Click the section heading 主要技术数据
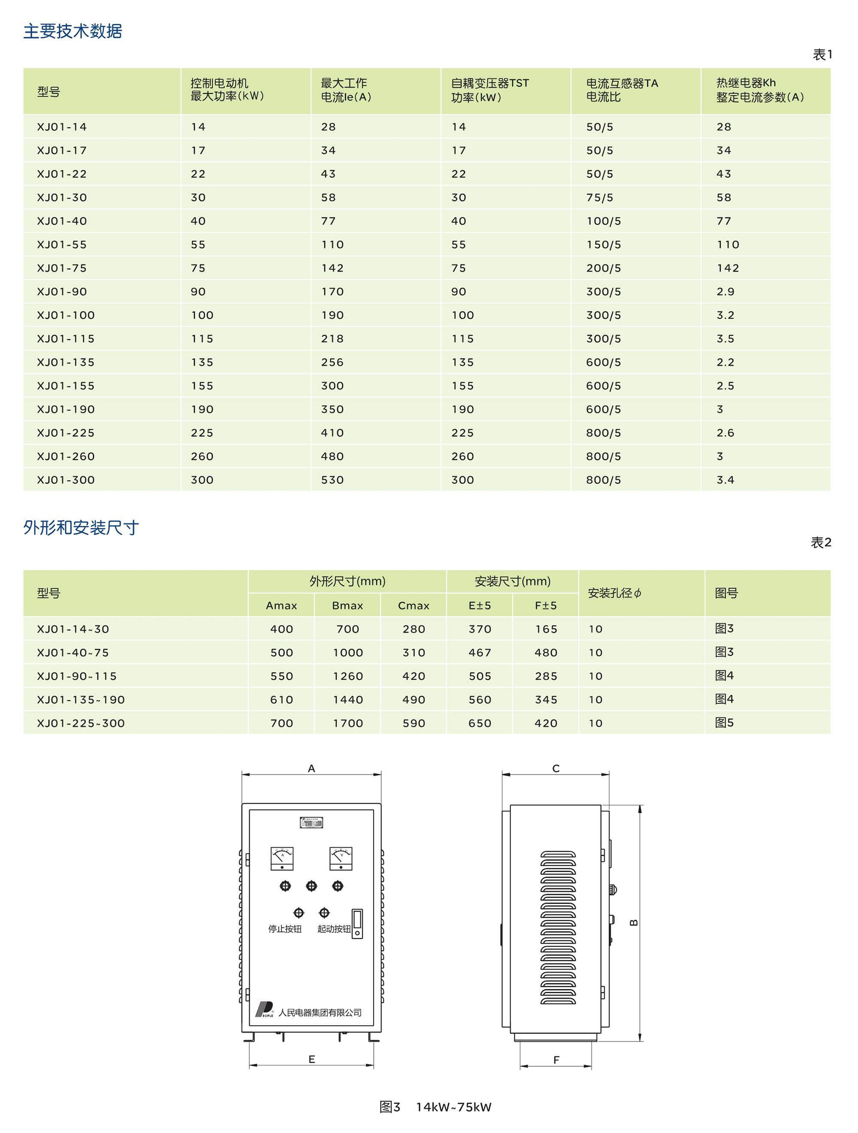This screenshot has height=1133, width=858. pos(73,31)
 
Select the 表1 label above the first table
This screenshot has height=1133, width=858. pos(822,55)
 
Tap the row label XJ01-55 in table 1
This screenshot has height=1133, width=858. pos(62,245)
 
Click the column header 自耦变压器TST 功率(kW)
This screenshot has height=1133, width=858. pos(490,90)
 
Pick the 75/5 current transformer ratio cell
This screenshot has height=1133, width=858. pos(600,198)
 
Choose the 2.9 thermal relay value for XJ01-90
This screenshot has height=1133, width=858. pos(725,292)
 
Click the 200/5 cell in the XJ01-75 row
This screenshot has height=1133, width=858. pos(604,268)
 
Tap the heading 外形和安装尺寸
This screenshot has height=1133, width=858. pos(81,527)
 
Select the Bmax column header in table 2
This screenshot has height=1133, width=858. pos(347,606)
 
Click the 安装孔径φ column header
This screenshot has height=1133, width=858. pos(614,594)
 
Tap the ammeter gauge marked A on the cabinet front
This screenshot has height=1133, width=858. pos(282,859)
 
